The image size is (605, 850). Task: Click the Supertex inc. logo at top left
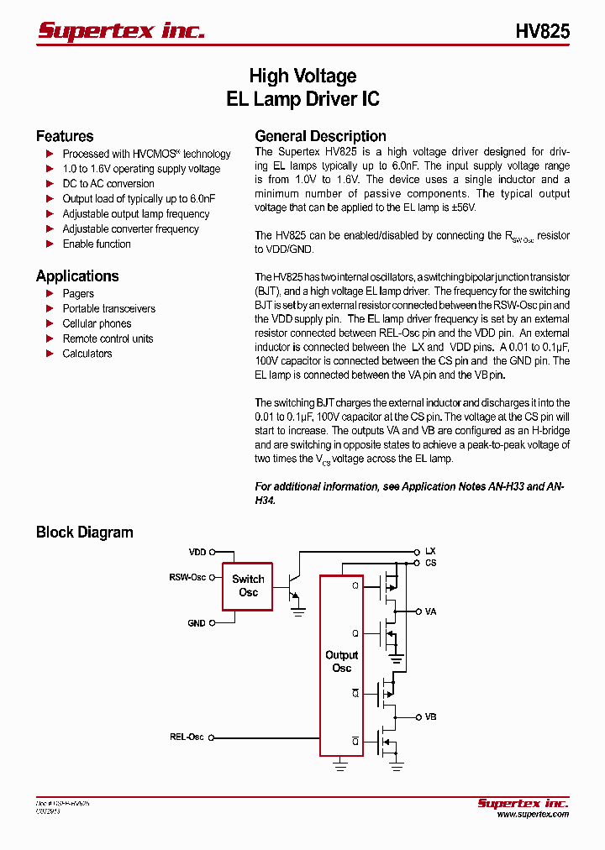(121, 30)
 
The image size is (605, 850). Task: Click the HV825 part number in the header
(542, 31)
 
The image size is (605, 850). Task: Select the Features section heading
(65, 136)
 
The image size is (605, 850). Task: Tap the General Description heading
(320, 136)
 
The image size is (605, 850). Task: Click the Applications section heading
(77, 275)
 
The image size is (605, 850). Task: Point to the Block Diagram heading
(84, 532)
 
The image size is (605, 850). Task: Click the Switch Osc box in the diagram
(248, 585)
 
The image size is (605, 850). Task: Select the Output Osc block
(341, 661)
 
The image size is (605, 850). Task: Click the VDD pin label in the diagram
(197, 553)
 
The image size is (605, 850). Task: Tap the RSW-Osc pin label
(187, 578)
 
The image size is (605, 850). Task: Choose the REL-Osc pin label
(187, 737)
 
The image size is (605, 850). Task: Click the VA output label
(430, 611)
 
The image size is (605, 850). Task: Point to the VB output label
(430, 717)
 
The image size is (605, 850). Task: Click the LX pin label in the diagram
(430, 552)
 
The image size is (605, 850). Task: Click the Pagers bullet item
(78, 293)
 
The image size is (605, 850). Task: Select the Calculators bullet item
(87, 354)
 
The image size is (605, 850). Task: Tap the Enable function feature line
(97, 244)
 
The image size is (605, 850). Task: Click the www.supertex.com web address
(533, 814)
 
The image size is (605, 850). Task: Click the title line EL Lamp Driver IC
(302, 98)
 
